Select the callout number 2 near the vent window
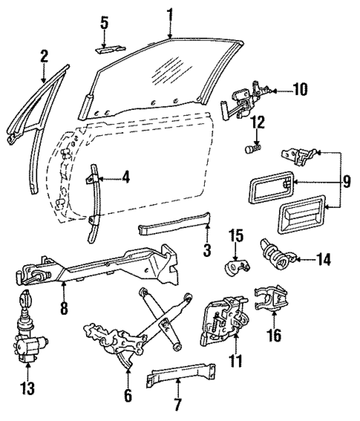44,55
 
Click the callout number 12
258,122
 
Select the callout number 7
179,405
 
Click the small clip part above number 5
105,50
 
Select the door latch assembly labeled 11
220,321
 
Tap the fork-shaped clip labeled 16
270,298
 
